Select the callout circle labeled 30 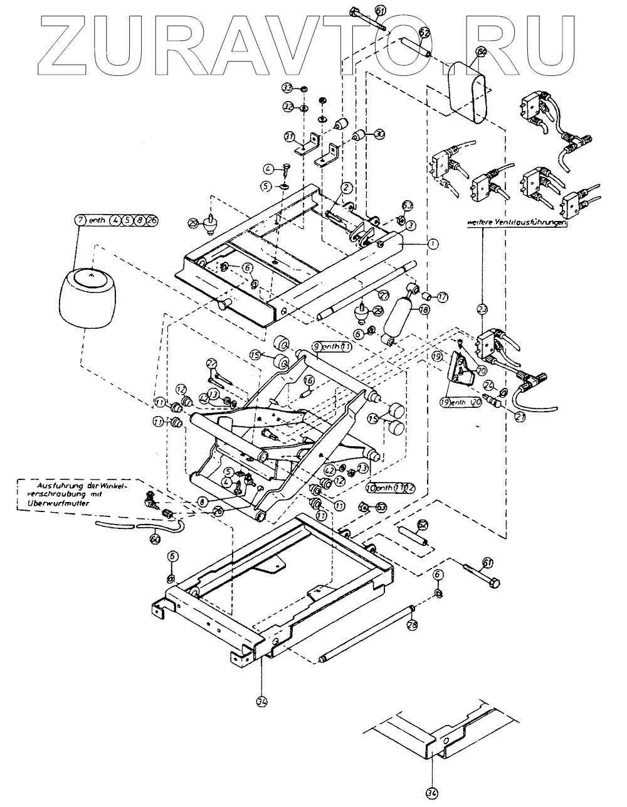point(379,134)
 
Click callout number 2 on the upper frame point(345,187)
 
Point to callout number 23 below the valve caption point(482,308)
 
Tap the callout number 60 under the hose point(155,536)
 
